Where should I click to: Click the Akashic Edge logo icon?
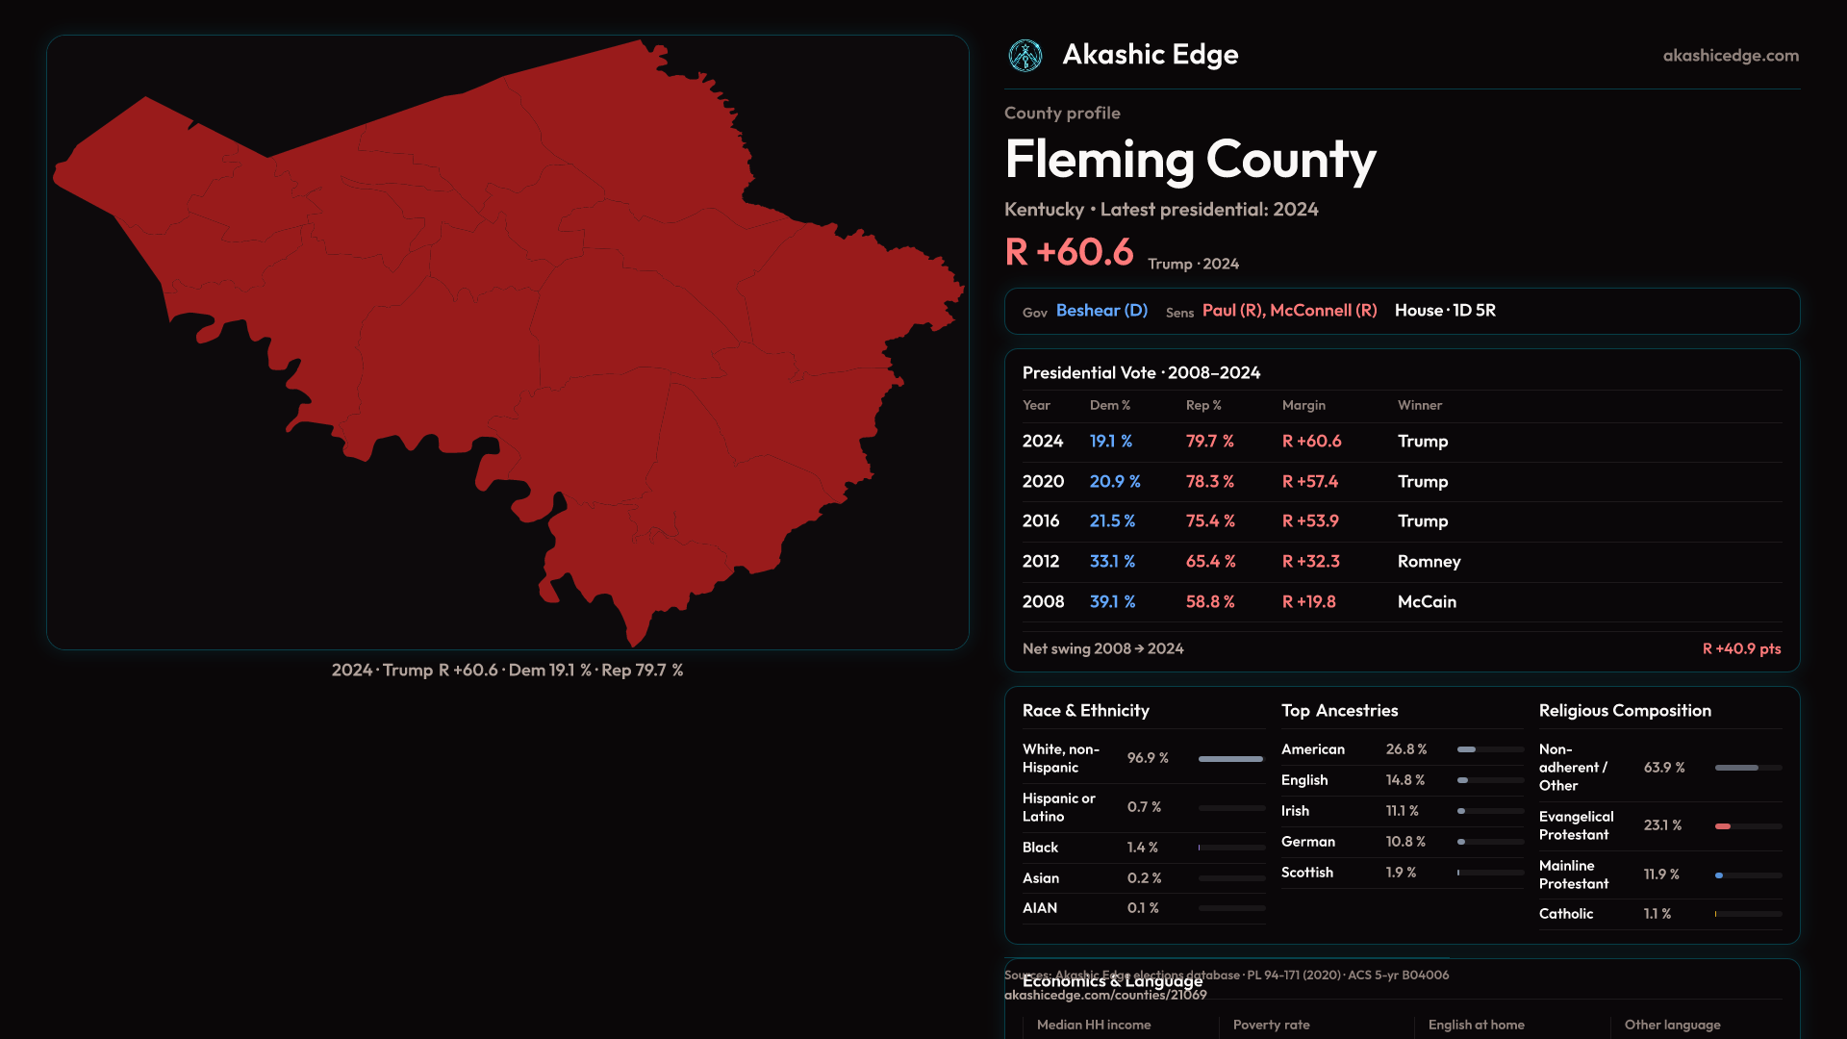coord(1025,56)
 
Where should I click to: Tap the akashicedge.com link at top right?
coord(1731,56)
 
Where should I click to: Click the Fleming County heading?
coord(1190,160)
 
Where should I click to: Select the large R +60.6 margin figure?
coord(1069,252)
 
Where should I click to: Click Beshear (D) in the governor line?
coord(1101,311)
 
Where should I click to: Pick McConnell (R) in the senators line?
coord(1323,311)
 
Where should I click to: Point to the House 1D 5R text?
coord(1445,311)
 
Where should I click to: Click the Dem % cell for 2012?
coord(1112,562)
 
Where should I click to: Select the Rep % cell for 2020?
coord(1209,482)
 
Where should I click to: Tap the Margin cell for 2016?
coord(1310,521)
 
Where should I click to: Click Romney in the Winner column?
coord(1429,562)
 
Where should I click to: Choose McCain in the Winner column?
coord(1427,602)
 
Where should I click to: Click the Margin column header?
coord(1303,406)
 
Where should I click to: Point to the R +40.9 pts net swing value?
coord(1741,649)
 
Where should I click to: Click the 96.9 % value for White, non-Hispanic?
coord(1148,758)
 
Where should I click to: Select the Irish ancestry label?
coord(1295,811)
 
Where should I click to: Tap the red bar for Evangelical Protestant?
coord(1723,826)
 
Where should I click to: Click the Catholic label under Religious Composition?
coord(1566,914)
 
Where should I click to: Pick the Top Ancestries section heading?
coord(1339,711)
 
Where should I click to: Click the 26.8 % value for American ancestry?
coord(1406,749)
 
